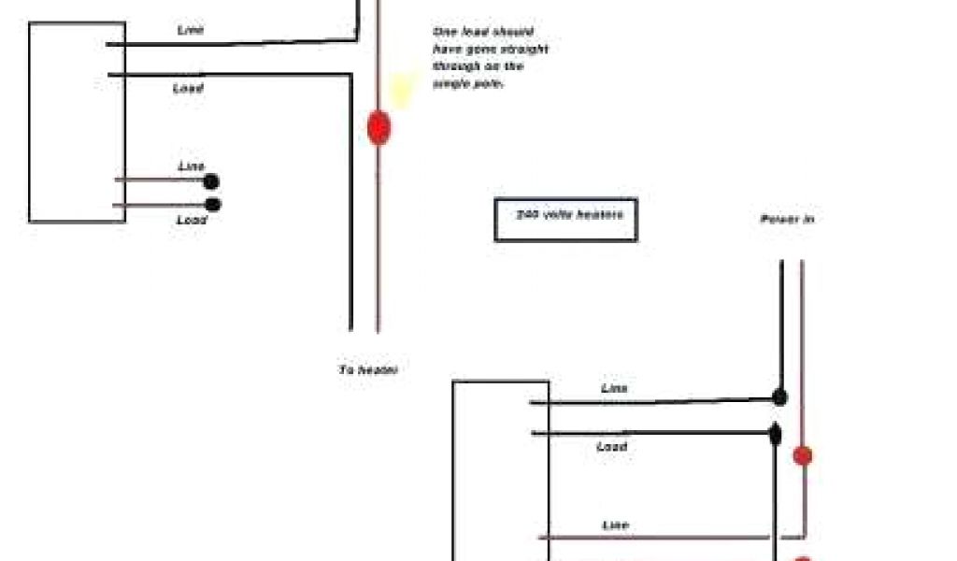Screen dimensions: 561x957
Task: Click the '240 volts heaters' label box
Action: pos(565,220)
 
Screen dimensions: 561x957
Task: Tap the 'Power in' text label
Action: pos(786,220)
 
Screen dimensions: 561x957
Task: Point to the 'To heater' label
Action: pos(368,370)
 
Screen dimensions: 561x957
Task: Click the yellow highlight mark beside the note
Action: pos(403,90)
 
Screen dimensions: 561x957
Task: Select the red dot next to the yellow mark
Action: pos(378,127)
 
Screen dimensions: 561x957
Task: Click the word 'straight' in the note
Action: pos(529,50)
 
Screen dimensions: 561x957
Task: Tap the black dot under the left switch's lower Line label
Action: pos(212,182)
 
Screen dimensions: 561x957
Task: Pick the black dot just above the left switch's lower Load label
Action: pos(213,205)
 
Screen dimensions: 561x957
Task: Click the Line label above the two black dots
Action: pos(192,166)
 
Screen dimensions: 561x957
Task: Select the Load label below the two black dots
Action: pos(192,221)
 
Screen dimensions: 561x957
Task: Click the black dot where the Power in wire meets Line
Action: pos(779,397)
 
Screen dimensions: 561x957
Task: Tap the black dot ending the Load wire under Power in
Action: pos(776,434)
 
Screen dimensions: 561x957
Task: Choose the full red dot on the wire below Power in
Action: pos(802,456)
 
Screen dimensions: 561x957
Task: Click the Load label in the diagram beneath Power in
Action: pos(611,447)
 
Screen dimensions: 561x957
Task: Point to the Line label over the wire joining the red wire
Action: pos(615,525)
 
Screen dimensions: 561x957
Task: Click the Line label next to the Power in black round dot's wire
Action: pos(614,388)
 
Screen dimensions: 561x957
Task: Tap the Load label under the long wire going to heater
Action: pos(188,89)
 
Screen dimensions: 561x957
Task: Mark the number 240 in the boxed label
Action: pos(526,214)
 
